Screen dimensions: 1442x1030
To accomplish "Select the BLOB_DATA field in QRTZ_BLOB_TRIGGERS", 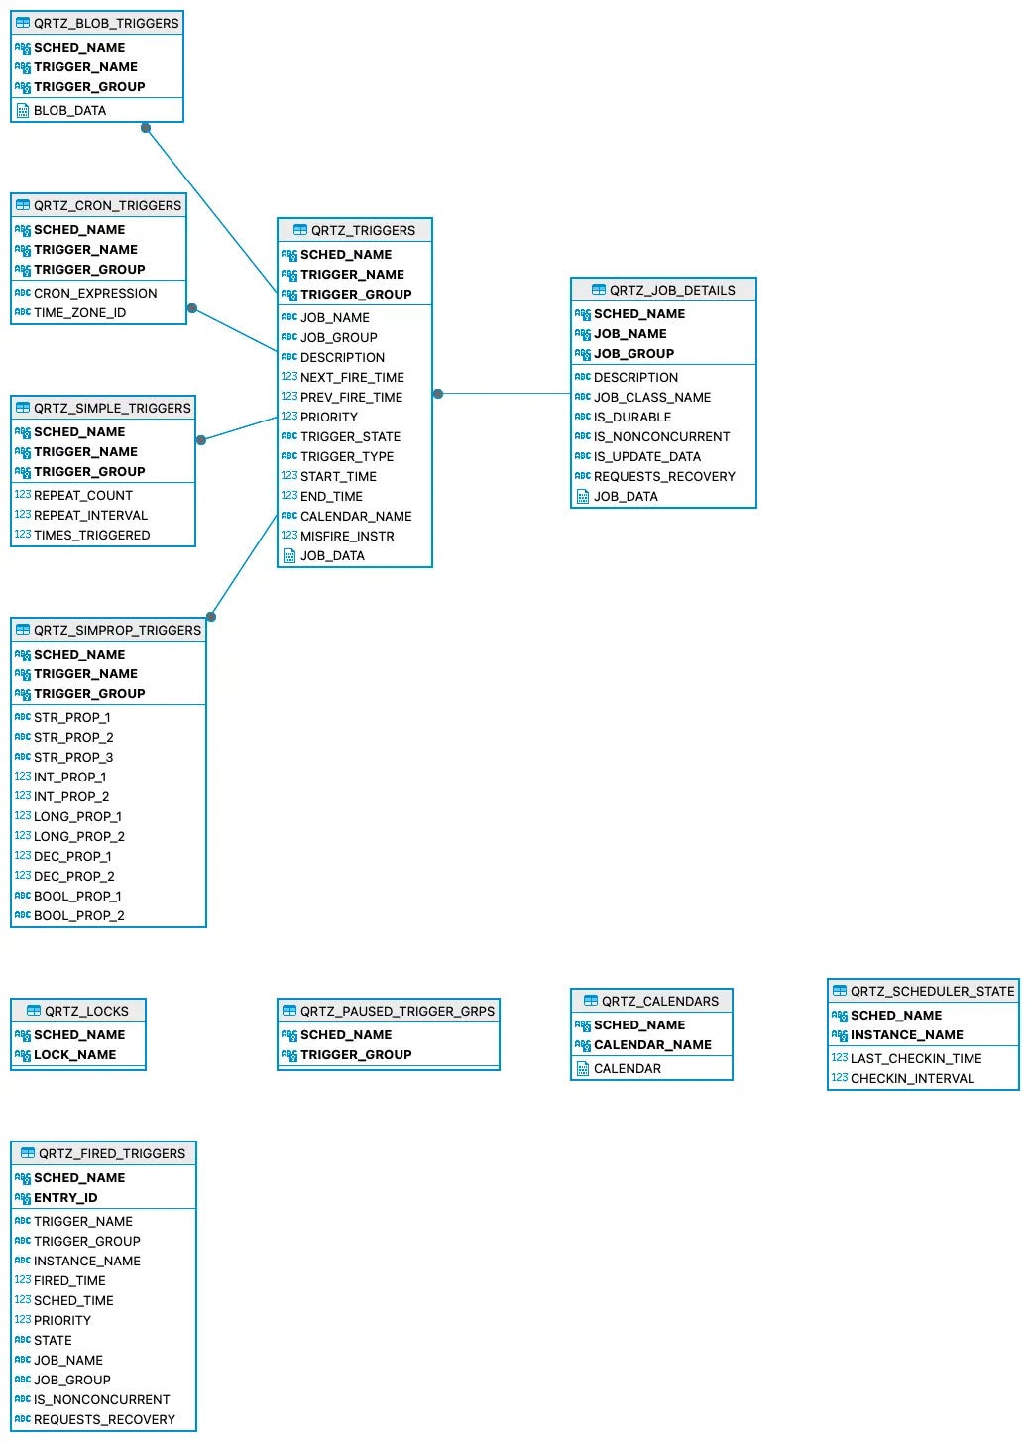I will [69, 110].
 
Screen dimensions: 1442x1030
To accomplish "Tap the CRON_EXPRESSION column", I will [95, 293].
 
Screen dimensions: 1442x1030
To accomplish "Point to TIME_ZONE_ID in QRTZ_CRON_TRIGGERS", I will [79, 312].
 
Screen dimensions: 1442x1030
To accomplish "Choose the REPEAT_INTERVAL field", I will [90, 515].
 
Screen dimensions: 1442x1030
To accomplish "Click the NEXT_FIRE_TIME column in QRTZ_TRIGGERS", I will [352, 377].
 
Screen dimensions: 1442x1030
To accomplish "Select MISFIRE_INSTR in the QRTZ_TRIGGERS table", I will [347, 536].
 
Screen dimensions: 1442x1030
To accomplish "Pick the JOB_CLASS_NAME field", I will [651, 397].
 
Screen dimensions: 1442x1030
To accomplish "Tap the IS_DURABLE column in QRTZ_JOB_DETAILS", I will [631, 417].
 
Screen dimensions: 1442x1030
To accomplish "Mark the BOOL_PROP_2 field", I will [78, 915].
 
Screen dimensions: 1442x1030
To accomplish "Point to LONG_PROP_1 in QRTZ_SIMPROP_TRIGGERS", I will [77, 816].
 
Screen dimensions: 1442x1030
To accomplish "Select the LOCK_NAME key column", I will [74, 1054].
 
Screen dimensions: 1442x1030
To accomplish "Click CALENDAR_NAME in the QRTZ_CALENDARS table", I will [652, 1044].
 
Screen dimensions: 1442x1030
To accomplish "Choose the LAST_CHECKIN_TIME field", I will [915, 1058].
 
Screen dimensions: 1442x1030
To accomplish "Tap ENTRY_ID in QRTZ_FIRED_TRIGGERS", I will [65, 1197].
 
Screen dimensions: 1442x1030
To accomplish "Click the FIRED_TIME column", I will [69, 1280].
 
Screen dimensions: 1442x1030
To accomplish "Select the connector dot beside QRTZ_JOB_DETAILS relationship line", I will [438, 394].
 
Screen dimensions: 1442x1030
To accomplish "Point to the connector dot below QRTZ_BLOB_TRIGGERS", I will [146, 128].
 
